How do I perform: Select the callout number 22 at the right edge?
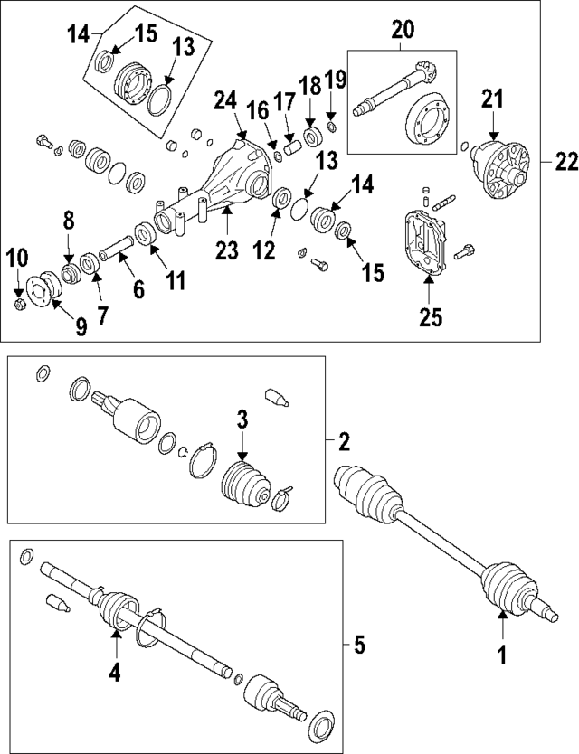(x=565, y=162)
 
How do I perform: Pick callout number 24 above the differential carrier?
(x=225, y=104)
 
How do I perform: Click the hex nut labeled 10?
(x=21, y=302)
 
